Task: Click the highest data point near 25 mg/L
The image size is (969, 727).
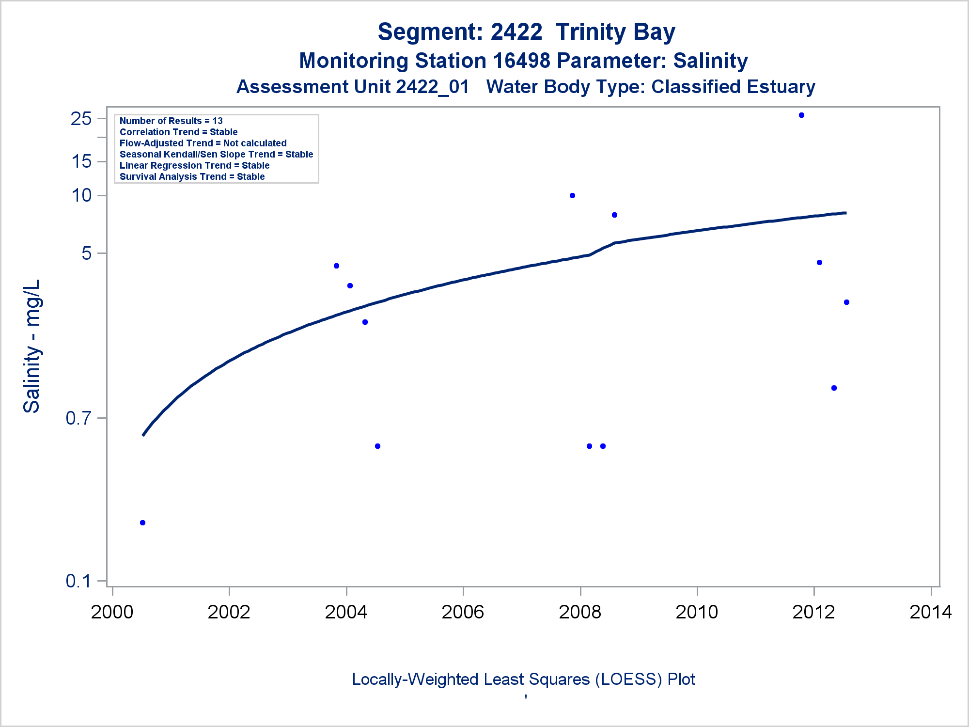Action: [801, 115]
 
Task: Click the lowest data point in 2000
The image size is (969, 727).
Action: [142, 522]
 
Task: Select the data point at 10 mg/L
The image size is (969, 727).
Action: [572, 196]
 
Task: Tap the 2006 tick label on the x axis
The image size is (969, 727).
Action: [463, 612]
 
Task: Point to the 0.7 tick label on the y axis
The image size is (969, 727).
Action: [78, 418]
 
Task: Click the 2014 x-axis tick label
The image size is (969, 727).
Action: [930, 612]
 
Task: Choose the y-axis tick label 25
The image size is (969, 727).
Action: [81, 119]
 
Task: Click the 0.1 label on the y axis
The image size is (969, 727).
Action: [78, 581]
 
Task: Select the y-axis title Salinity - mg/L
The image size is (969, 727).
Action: [32, 347]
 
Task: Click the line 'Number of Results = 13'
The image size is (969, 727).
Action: [171, 121]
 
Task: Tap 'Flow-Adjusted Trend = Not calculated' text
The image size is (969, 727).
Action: [203, 143]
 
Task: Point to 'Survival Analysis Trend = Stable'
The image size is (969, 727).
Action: [192, 177]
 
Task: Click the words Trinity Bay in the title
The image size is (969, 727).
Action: [615, 32]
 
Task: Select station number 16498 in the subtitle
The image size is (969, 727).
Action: [521, 61]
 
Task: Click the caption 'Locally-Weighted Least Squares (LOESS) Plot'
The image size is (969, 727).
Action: [523, 680]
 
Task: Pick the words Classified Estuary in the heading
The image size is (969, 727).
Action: [733, 87]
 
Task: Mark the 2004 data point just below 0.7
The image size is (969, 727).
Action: [377, 446]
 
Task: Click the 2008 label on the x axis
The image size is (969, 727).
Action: [580, 612]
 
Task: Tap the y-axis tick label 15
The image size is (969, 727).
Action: [81, 161]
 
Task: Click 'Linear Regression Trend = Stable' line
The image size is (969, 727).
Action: [194, 166]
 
